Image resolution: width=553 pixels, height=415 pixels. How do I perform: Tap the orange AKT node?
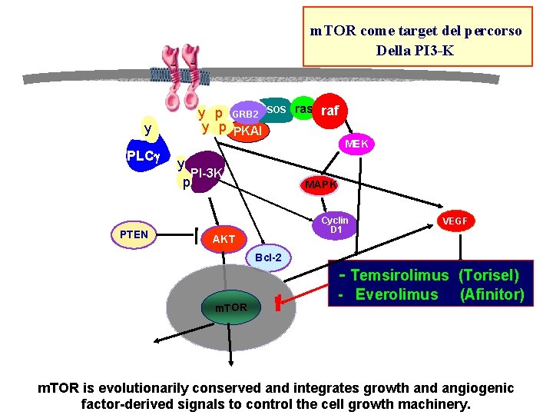(224, 239)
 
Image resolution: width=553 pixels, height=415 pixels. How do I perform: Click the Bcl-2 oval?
(269, 257)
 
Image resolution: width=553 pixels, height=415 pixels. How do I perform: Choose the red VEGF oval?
(453, 221)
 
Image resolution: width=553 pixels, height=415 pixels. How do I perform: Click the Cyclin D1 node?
(336, 225)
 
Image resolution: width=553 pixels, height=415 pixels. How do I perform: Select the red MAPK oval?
(320, 184)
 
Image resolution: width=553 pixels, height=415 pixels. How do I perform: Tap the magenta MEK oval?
(356, 144)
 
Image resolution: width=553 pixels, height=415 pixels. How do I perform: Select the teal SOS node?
(277, 110)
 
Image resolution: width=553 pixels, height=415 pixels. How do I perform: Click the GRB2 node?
(246, 113)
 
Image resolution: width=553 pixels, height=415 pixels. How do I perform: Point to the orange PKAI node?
(247, 131)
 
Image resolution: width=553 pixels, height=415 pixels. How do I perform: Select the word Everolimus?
(396, 295)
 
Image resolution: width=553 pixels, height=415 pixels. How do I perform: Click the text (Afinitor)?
(492, 295)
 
